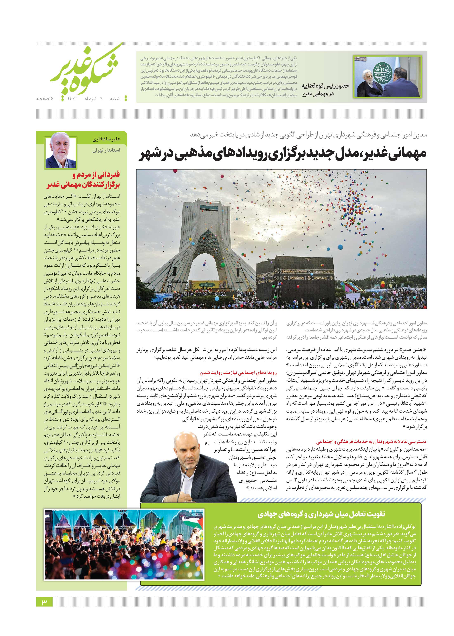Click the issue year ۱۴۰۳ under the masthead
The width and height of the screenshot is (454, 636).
click(x=72, y=99)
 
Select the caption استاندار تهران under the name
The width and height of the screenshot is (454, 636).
click(x=106, y=150)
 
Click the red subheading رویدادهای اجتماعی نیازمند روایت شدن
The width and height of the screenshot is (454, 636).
click(x=238, y=373)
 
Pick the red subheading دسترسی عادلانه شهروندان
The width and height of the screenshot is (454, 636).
click(x=371, y=442)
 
